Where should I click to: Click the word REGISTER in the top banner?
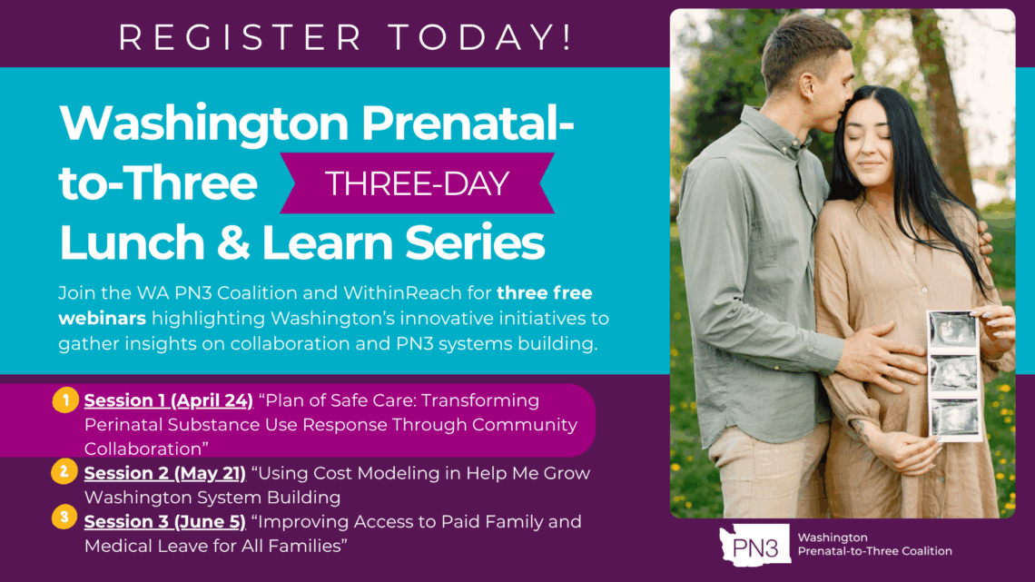pyautogui.click(x=241, y=37)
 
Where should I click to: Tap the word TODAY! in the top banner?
pyautogui.click(x=480, y=37)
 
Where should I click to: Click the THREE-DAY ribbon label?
pyautogui.click(x=417, y=183)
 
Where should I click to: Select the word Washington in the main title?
pyautogui.click(x=204, y=124)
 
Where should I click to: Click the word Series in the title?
pyautogui.click(x=475, y=242)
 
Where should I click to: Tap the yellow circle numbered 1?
pyautogui.click(x=65, y=400)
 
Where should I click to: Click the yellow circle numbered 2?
pyautogui.click(x=64, y=472)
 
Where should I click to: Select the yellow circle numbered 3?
pyautogui.click(x=64, y=518)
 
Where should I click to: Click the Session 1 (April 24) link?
pyautogui.click(x=168, y=400)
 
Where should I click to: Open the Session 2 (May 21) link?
pyautogui.click(x=165, y=473)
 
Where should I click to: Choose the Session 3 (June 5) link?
pyautogui.click(x=165, y=522)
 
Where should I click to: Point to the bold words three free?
pyautogui.click(x=545, y=292)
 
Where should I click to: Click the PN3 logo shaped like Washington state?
pyautogui.click(x=755, y=545)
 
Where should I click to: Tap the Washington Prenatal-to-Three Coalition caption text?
pyautogui.click(x=874, y=545)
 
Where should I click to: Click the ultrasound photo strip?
pyautogui.click(x=954, y=375)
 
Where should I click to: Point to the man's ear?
pyautogui.click(x=806, y=85)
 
